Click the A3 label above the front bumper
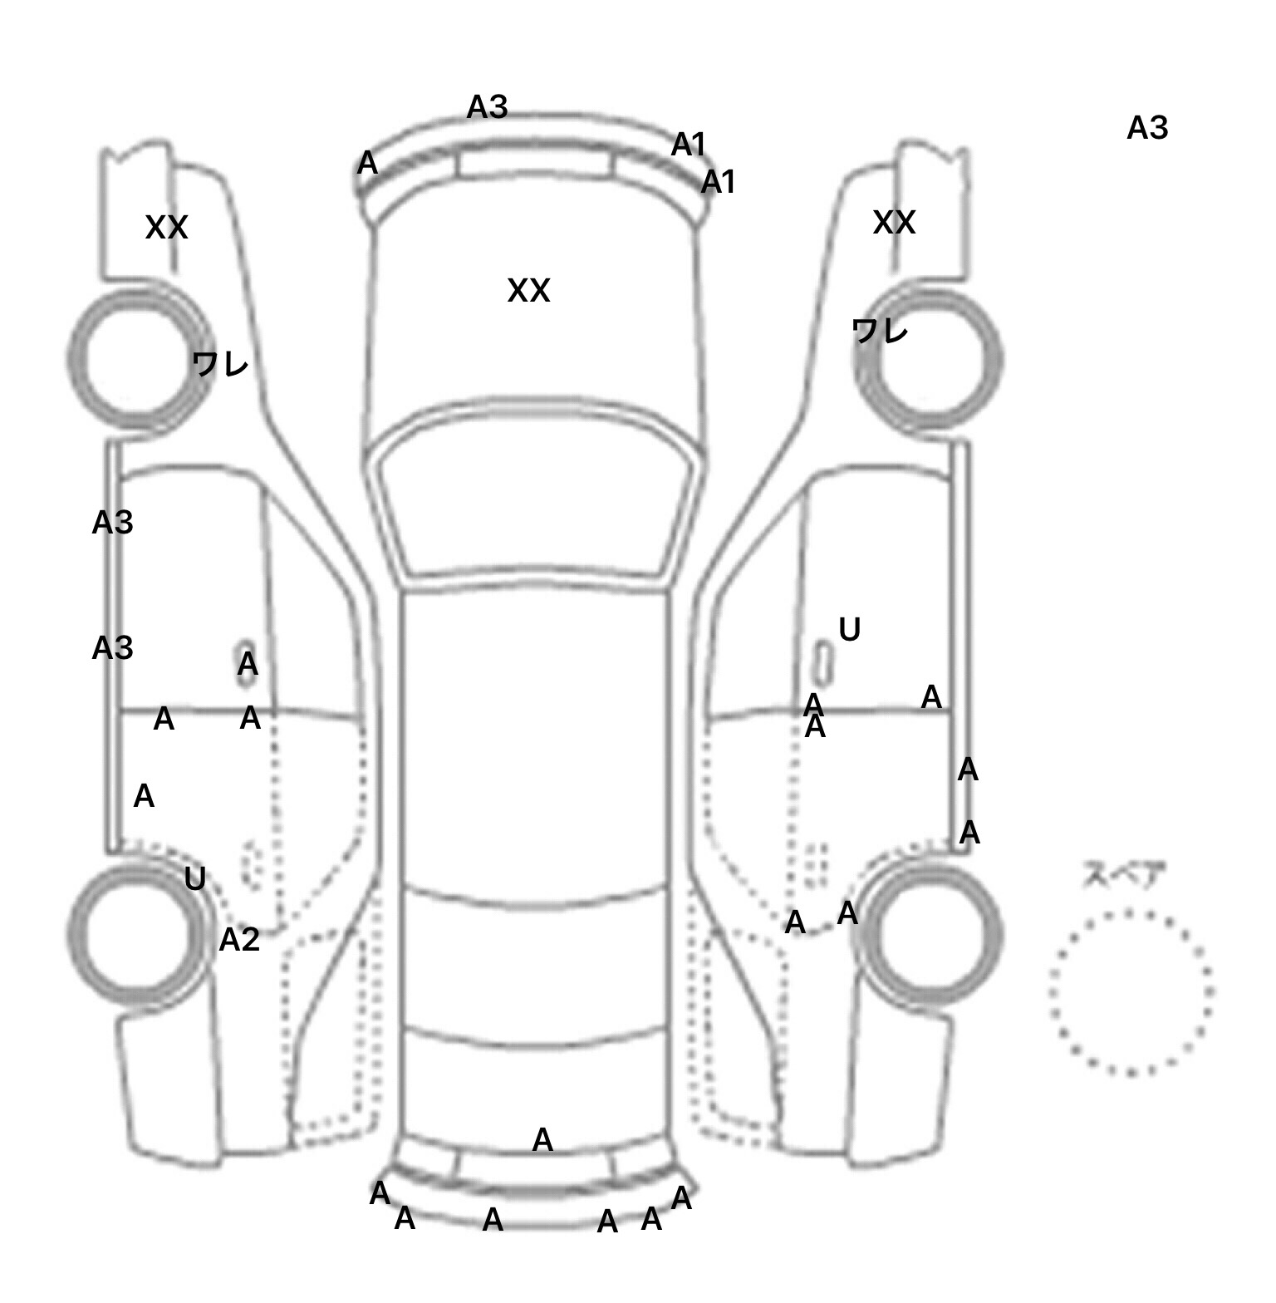point(487,107)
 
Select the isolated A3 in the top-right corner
point(1147,129)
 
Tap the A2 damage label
point(239,940)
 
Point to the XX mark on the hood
point(528,291)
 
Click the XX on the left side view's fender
point(166,228)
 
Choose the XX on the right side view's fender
point(894,223)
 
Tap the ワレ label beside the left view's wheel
point(220,364)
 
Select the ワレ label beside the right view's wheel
point(880,332)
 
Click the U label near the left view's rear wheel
point(194,878)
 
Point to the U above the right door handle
point(849,630)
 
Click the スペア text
point(1124,875)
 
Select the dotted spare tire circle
point(1131,992)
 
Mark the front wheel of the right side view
point(929,359)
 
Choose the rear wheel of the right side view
point(931,931)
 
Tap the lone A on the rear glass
point(542,1140)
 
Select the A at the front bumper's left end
point(367,164)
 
